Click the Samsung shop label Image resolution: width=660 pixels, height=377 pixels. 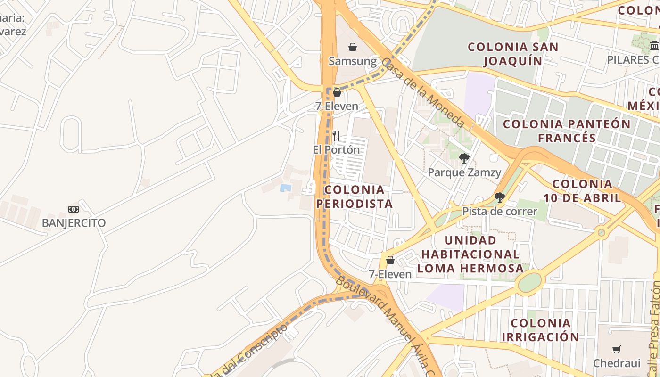tap(353, 61)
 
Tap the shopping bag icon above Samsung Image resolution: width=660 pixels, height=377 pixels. tap(353, 47)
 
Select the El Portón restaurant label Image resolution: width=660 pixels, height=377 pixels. tap(336, 150)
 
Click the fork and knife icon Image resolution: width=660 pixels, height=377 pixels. tap(336, 136)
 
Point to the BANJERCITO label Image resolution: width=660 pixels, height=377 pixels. tap(74, 223)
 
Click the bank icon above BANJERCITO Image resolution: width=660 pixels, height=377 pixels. tap(74, 209)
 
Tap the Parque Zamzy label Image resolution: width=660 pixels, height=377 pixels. tap(464, 172)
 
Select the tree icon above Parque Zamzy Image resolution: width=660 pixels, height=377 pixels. tap(464, 158)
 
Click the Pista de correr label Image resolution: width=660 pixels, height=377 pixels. tap(500, 211)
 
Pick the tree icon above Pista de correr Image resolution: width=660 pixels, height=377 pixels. tap(500, 197)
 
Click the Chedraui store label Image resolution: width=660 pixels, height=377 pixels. tap(617, 363)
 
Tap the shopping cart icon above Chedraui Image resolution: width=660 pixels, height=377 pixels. tap(617, 349)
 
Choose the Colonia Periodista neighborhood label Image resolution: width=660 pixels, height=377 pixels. tap(355, 197)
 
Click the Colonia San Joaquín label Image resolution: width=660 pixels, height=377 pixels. tap(513, 54)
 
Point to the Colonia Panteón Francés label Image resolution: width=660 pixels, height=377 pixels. tap(567, 131)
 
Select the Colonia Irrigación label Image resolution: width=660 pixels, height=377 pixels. tap(541, 330)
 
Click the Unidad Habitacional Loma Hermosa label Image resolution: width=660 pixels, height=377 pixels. tap(470, 254)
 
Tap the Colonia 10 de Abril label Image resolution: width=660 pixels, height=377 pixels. tap(583, 191)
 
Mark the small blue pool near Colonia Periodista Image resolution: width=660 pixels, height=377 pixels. tap(285, 188)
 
